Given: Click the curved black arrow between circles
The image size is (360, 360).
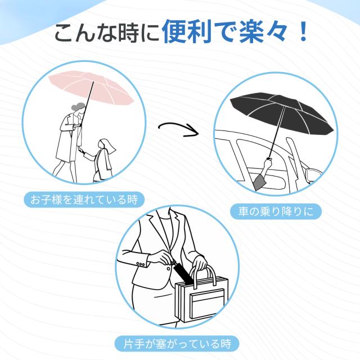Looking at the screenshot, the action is [178, 130].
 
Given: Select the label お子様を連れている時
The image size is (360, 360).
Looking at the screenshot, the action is [84, 199].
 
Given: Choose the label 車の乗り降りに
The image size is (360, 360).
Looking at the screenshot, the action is [276, 211].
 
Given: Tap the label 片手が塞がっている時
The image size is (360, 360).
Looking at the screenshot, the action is [177, 344].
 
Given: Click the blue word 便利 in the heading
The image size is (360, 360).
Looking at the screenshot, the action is [187, 31].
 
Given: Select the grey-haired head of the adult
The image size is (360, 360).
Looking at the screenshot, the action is [78, 109].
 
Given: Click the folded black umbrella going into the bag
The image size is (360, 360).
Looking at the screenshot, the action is [182, 274].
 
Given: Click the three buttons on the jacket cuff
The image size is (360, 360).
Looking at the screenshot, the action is [141, 264].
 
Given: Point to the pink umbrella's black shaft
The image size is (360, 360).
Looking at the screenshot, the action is [87, 103].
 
